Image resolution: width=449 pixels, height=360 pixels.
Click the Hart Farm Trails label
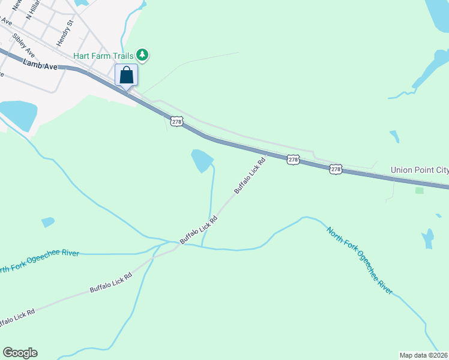[103, 56]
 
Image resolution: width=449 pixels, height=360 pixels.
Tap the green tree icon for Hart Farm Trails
[142, 55]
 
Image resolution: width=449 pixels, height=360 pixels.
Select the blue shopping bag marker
[126, 76]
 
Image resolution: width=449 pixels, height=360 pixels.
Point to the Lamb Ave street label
[40, 64]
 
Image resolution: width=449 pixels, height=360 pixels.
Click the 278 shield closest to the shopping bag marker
[176, 122]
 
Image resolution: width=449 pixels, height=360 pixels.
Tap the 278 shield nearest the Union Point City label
[336, 170]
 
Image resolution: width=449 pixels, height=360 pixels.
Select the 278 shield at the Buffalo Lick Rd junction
[292, 159]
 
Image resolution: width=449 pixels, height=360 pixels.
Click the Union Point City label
[419, 170]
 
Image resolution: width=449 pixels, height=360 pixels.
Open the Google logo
[20, 353]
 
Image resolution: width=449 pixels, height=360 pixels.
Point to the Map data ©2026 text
[424, 355]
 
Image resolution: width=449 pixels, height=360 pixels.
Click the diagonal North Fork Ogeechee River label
[360, 260]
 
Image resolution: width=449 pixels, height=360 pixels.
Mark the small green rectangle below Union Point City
[419, 190]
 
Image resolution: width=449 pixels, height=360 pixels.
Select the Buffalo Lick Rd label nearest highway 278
[250, 176]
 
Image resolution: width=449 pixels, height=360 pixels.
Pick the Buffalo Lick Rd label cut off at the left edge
[17, 317]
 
